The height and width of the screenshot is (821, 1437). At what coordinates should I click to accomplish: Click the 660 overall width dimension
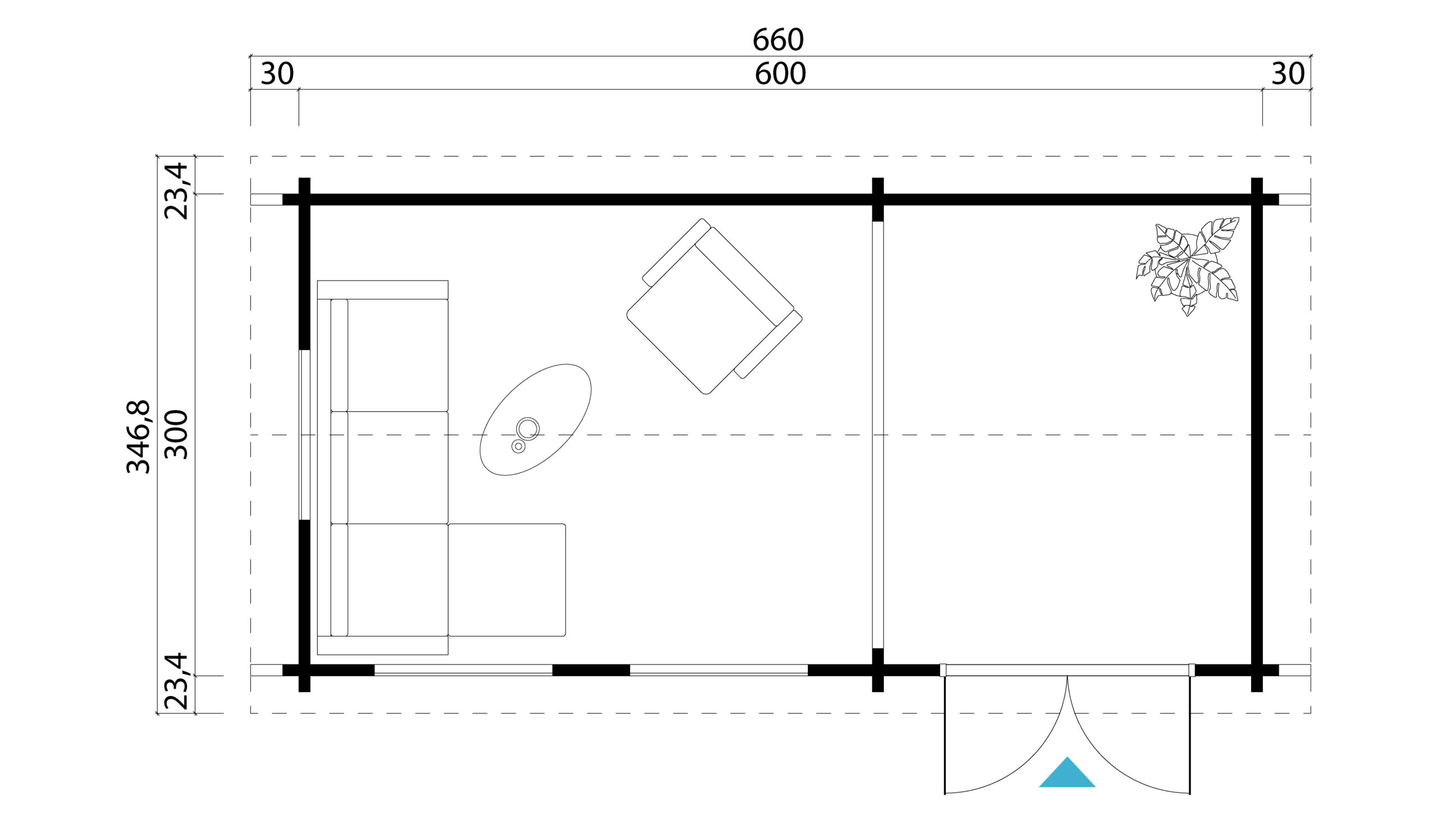click(777, 40)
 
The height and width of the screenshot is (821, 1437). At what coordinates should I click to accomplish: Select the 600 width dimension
click(780, 74)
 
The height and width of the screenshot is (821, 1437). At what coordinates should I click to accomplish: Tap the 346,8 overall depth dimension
click(139, 437)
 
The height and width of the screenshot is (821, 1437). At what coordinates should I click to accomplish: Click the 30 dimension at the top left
click(277, 74)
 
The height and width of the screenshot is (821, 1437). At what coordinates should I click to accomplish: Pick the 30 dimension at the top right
click(1288, 74)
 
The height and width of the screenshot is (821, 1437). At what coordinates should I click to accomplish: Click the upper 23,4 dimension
click(176, 191)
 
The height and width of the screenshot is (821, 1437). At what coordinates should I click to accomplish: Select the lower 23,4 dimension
click(176, 681)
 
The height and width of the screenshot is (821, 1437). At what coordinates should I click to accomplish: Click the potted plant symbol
click(1188, 266)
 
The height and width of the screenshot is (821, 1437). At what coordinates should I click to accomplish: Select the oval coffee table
click(535, 420)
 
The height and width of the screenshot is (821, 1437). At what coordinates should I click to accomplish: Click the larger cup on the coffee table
click(528, 429)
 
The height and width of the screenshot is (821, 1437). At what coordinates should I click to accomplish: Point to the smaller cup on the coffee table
click(518, 447)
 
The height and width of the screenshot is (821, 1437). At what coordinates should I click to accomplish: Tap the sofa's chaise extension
click(507, 580)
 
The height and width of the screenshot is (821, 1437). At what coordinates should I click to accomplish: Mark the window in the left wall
click(305, 435)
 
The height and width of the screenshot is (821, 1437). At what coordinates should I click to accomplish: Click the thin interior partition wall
click(877, 435)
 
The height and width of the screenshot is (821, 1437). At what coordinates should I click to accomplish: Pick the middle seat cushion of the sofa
click(397, 467)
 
